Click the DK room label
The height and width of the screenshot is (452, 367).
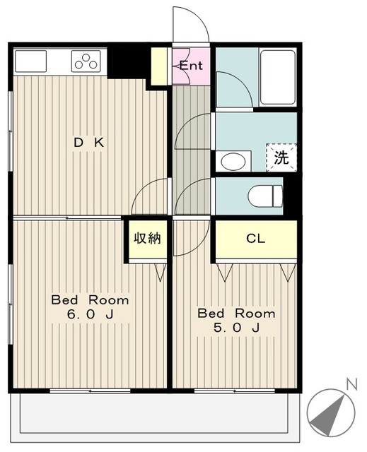pyautogui.click(x=89, y=143)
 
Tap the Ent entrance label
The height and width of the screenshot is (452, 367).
pyautogui.click(x=191, y=66)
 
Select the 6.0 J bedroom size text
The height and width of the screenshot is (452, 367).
pyautogui.click(x=90, y=314)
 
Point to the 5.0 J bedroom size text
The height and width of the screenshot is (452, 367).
pyautogui.click(x=236, y=328)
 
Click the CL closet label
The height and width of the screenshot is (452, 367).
pyautogui.click(x=256, y=239)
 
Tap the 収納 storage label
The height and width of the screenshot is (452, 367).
pyautogui.click(x=147, y=238)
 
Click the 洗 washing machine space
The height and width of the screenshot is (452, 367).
pyautogui.click(x=281, y=157)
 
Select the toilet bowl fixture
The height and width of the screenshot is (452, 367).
pyautogui.click(x=265, y=196)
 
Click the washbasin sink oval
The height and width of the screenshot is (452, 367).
pyautogui.click(x=233, y=162)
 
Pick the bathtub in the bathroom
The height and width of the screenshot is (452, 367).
pyautogui.click(x=278, y=77)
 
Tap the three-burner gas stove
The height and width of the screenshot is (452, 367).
pyautogui.click(x=86, y=61)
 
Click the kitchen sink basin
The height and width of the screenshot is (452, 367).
pyautogui.click(x=30, y=61)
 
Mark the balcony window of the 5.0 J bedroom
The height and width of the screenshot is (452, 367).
pyautogui.click(x=234, y=391)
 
